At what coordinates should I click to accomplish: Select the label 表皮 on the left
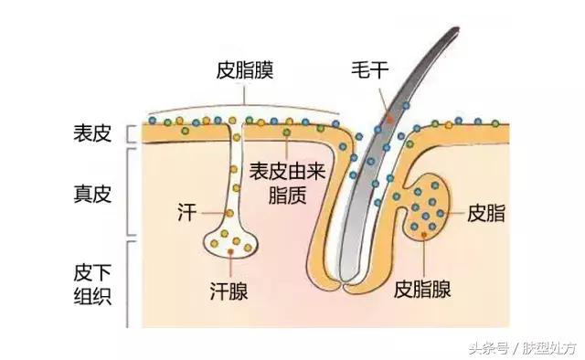pyautogui.click(x=91, y=133)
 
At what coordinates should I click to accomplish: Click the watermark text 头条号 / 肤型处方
pyautogui.click(x=522, y=347)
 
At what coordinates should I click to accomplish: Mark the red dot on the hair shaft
pyautogui.click(x=389, y=119)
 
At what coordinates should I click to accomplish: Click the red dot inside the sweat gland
pyautogui.click(x=235, y=250)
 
